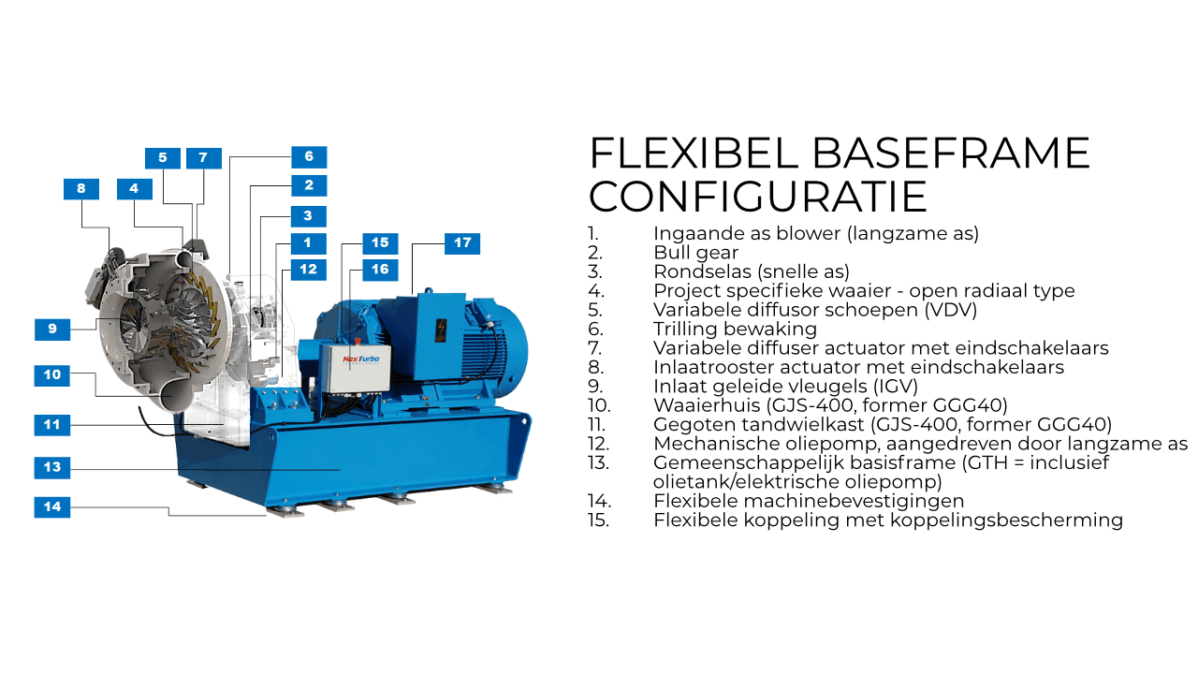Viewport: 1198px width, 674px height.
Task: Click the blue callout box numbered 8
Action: [x=81, y=189]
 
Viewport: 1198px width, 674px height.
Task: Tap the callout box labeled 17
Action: [x=462, y=243]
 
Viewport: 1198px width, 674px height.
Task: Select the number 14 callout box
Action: [x=52, y=507]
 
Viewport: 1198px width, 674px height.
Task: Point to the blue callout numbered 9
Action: [x=52, y=330]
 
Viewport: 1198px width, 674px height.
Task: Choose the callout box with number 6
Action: [x=309, y=156]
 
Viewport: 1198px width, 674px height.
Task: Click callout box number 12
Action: [x=309, y=270]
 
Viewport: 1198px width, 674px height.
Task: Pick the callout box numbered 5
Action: [x=163, y=158]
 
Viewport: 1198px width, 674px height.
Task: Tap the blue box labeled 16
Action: [x=380, y=270]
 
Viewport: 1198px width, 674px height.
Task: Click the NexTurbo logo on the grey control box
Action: [x=361, y=359]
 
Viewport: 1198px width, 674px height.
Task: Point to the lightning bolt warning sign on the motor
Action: [x=441, y=330]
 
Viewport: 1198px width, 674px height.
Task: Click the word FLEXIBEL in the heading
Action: [x=694, y=154]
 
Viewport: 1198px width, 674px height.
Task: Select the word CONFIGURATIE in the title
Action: [x=758, y=197]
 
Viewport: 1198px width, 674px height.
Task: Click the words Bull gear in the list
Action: [x=695, y=253]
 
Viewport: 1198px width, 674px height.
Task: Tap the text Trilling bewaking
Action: [x=736, y=329]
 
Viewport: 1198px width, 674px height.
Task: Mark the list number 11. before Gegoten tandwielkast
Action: [x=596, y=425]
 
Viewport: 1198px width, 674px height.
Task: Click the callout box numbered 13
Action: [x=52, y=467]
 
